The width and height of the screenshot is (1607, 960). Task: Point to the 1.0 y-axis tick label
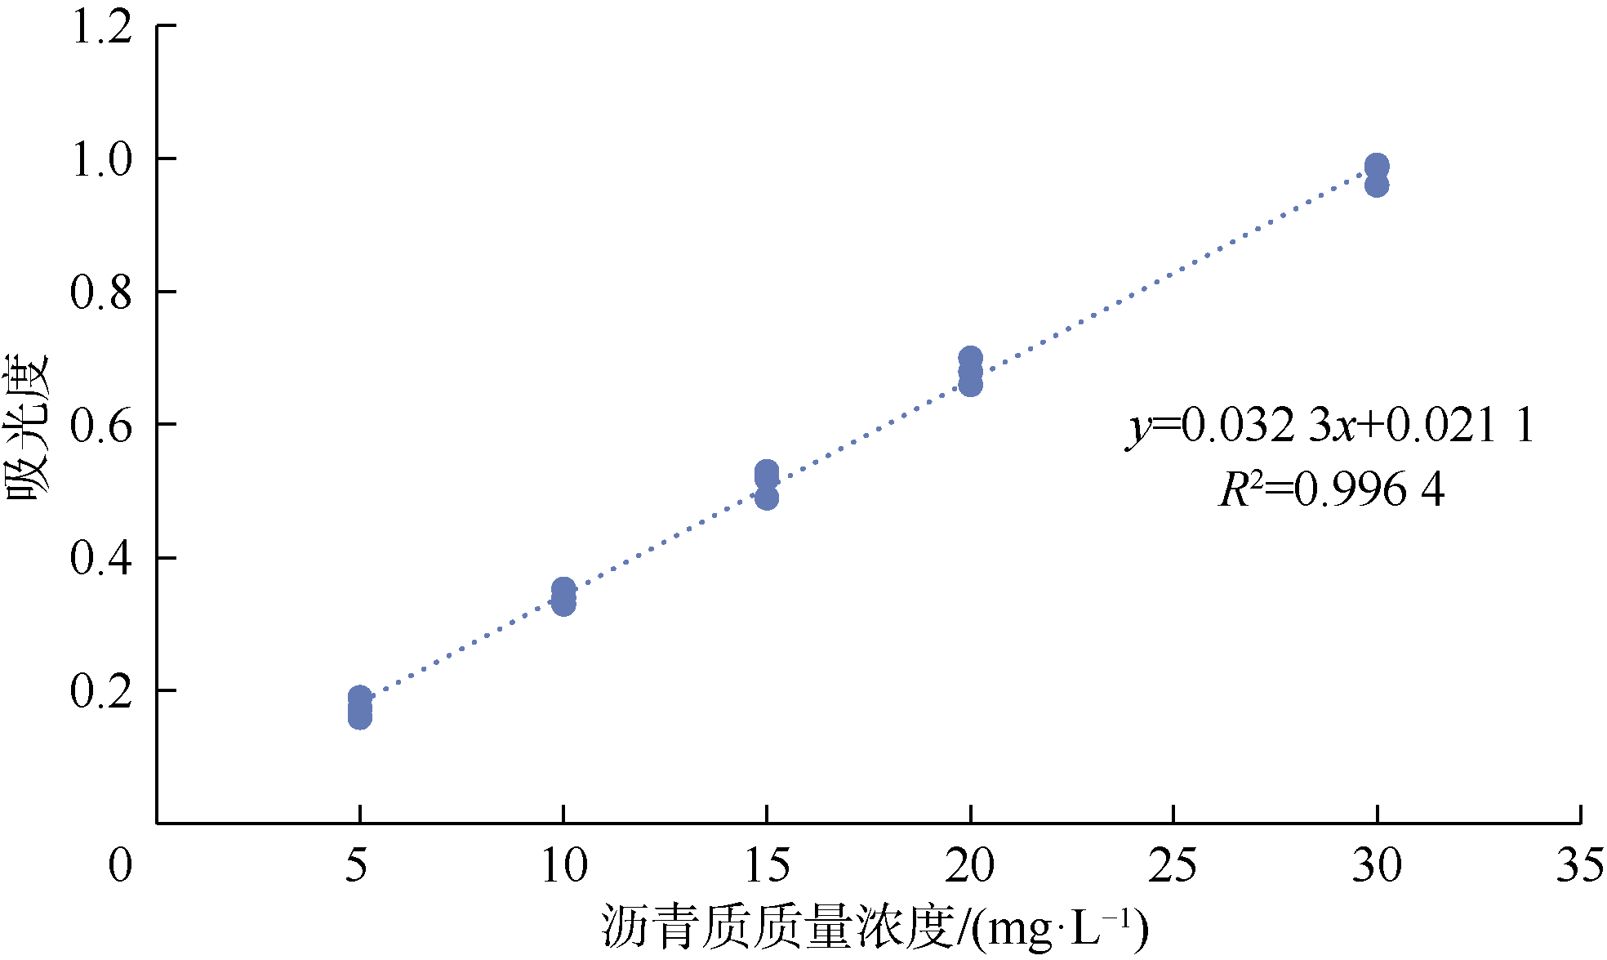[x=101, y=159]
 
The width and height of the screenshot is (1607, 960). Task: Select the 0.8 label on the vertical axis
[x=101, y=292]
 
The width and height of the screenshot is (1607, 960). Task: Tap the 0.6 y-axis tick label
[x=101, y=426]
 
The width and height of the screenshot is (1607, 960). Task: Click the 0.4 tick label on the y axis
[x=101, y=558]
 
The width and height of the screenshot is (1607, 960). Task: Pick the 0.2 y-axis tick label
[x=101, y=691]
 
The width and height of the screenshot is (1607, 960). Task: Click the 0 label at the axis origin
[x=120, y=865]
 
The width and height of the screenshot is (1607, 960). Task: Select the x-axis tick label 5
[x=357, y=865]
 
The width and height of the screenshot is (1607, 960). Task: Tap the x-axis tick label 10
[x=563, y=865]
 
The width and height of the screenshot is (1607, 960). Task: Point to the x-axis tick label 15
[x=767, y=865]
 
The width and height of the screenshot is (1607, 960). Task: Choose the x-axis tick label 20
[x=969, y=865]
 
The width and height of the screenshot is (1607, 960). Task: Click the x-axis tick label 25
[x=1173, y=865]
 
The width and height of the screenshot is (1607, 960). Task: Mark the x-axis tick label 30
[x=1377, y=865]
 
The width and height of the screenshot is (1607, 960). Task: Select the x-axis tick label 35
[x=1579, y=865]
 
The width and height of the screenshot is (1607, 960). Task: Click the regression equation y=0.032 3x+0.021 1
[x=1330, y=426]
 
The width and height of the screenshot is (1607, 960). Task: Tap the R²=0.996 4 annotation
[x=1332, y=490]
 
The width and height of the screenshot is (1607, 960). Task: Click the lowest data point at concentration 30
[x=1377, y=185]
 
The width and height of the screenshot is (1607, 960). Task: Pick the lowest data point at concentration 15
[x=767, y=498]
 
